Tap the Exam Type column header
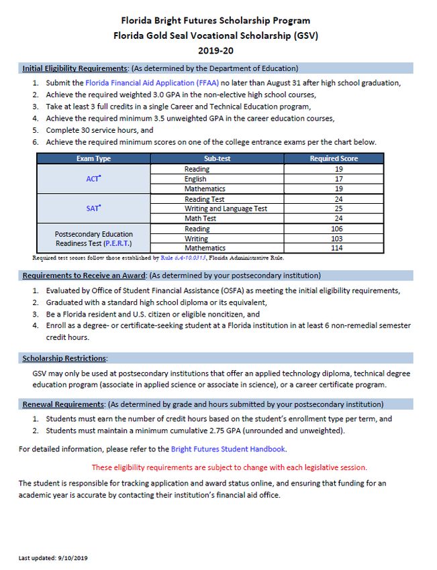pyautogui.click(x=93, y=159)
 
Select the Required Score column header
pyautogui.click(x=334, y=159)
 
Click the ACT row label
pyautogui.click(x=93, y=179)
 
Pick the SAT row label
pyautogui.click(x=93, y=209)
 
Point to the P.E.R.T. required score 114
pyautogui.click(x=334, y=248)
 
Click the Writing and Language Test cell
pyautogui.click(x=226, y=209)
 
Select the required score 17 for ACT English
pyautogui.click(x=334, y=179)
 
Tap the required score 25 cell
pyautogui.click(x=334, y=209)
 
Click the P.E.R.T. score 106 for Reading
pyautogui.click(x=334, y=229)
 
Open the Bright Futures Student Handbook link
pyautogui.click(x=228, y=449)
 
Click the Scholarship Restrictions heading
pyautogui.click(x=64, y=359)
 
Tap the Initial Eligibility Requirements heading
pyautogui.click(x=75, y=68)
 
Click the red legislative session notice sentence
pyautogui.click(x=229, y=467)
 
